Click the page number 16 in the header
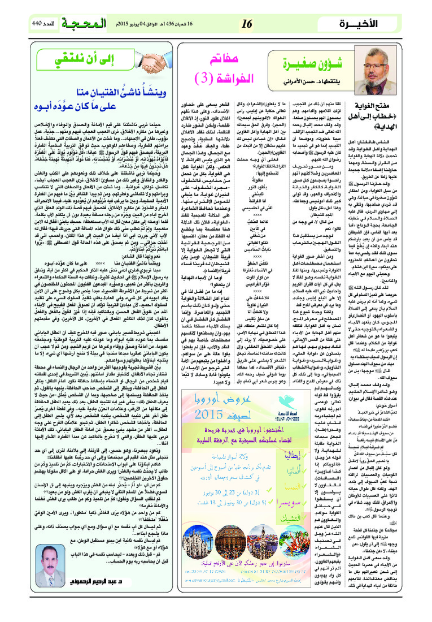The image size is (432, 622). tap(246, 23)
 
